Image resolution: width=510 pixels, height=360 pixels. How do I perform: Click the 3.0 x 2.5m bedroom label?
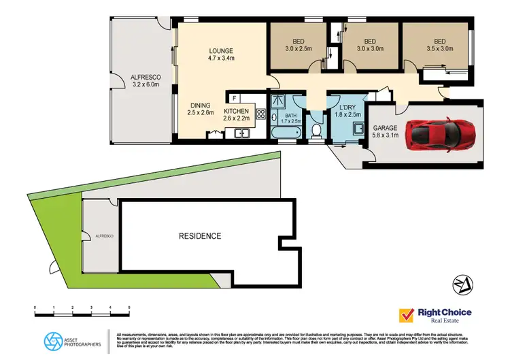(299, 44)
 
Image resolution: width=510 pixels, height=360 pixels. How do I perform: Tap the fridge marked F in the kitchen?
(233, 97)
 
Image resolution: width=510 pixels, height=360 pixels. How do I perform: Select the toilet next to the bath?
(316, 129)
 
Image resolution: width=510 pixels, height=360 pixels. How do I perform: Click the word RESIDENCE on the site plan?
(200, 236)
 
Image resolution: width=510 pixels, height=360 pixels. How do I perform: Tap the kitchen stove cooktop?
(260, 115)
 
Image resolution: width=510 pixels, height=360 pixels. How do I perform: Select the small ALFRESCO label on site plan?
(103, 235)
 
